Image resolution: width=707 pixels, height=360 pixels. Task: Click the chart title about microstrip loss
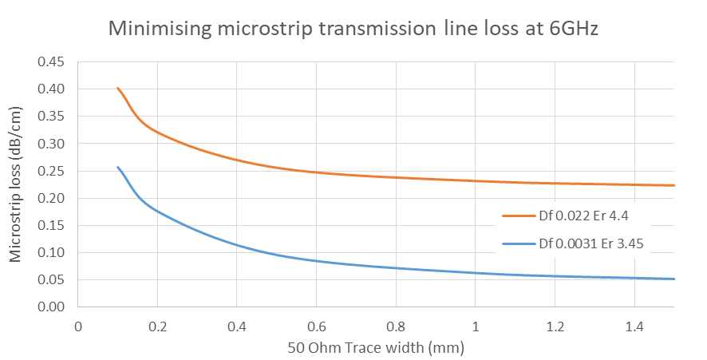353,30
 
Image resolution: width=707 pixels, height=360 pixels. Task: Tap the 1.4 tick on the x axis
634,326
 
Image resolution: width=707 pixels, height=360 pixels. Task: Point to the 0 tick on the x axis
78,326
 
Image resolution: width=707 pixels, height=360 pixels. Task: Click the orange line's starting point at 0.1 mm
118,88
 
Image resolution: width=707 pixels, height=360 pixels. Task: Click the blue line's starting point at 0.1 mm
118,167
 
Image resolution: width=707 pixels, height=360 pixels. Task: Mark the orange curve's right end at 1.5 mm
674,185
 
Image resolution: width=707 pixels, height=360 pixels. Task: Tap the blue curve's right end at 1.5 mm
674,279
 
